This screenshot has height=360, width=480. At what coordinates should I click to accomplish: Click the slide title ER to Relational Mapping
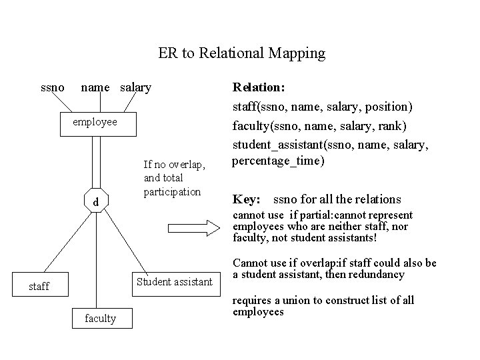(241, 53)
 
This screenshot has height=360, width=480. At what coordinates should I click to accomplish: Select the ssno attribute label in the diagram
(53, 87)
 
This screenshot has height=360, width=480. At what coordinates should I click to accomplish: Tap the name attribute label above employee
(95, 87)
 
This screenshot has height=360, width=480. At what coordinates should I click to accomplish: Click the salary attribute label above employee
(136, 87)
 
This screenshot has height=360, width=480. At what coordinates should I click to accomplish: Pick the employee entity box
(97, 123)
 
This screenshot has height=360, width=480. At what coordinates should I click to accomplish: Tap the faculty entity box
(100, 318)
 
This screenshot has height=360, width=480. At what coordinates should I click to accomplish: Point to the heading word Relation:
(259, 87)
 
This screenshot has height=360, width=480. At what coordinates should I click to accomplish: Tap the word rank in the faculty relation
(393, 125)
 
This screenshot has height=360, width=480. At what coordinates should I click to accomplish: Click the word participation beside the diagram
(172, 192)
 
